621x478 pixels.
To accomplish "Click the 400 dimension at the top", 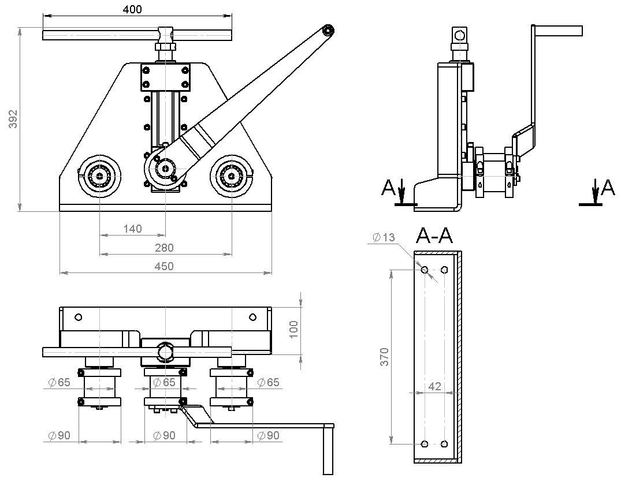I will (x=132, y=9).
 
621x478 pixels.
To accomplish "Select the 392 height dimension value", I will (x=14, y=118).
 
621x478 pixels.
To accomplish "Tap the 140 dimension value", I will (x=132, y=229).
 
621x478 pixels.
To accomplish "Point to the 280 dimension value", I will (x=165, y=248).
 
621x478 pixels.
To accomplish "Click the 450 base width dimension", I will (x=165, y=266).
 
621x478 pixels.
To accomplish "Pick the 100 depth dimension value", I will (x=293, y=329).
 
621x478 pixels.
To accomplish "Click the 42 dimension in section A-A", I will (x=435, y=386).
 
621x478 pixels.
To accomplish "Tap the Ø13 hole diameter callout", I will (x=384, y=237).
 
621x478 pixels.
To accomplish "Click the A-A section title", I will (x=434, y=236).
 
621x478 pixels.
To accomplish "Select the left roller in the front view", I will (x=100, y=175).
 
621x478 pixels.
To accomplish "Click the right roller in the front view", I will (x=232, y=175).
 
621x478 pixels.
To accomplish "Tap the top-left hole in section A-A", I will (x=425, y=270).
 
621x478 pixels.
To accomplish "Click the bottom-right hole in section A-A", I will (x=444, y=444).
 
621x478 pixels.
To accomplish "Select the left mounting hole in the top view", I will (x=79, y=317).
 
